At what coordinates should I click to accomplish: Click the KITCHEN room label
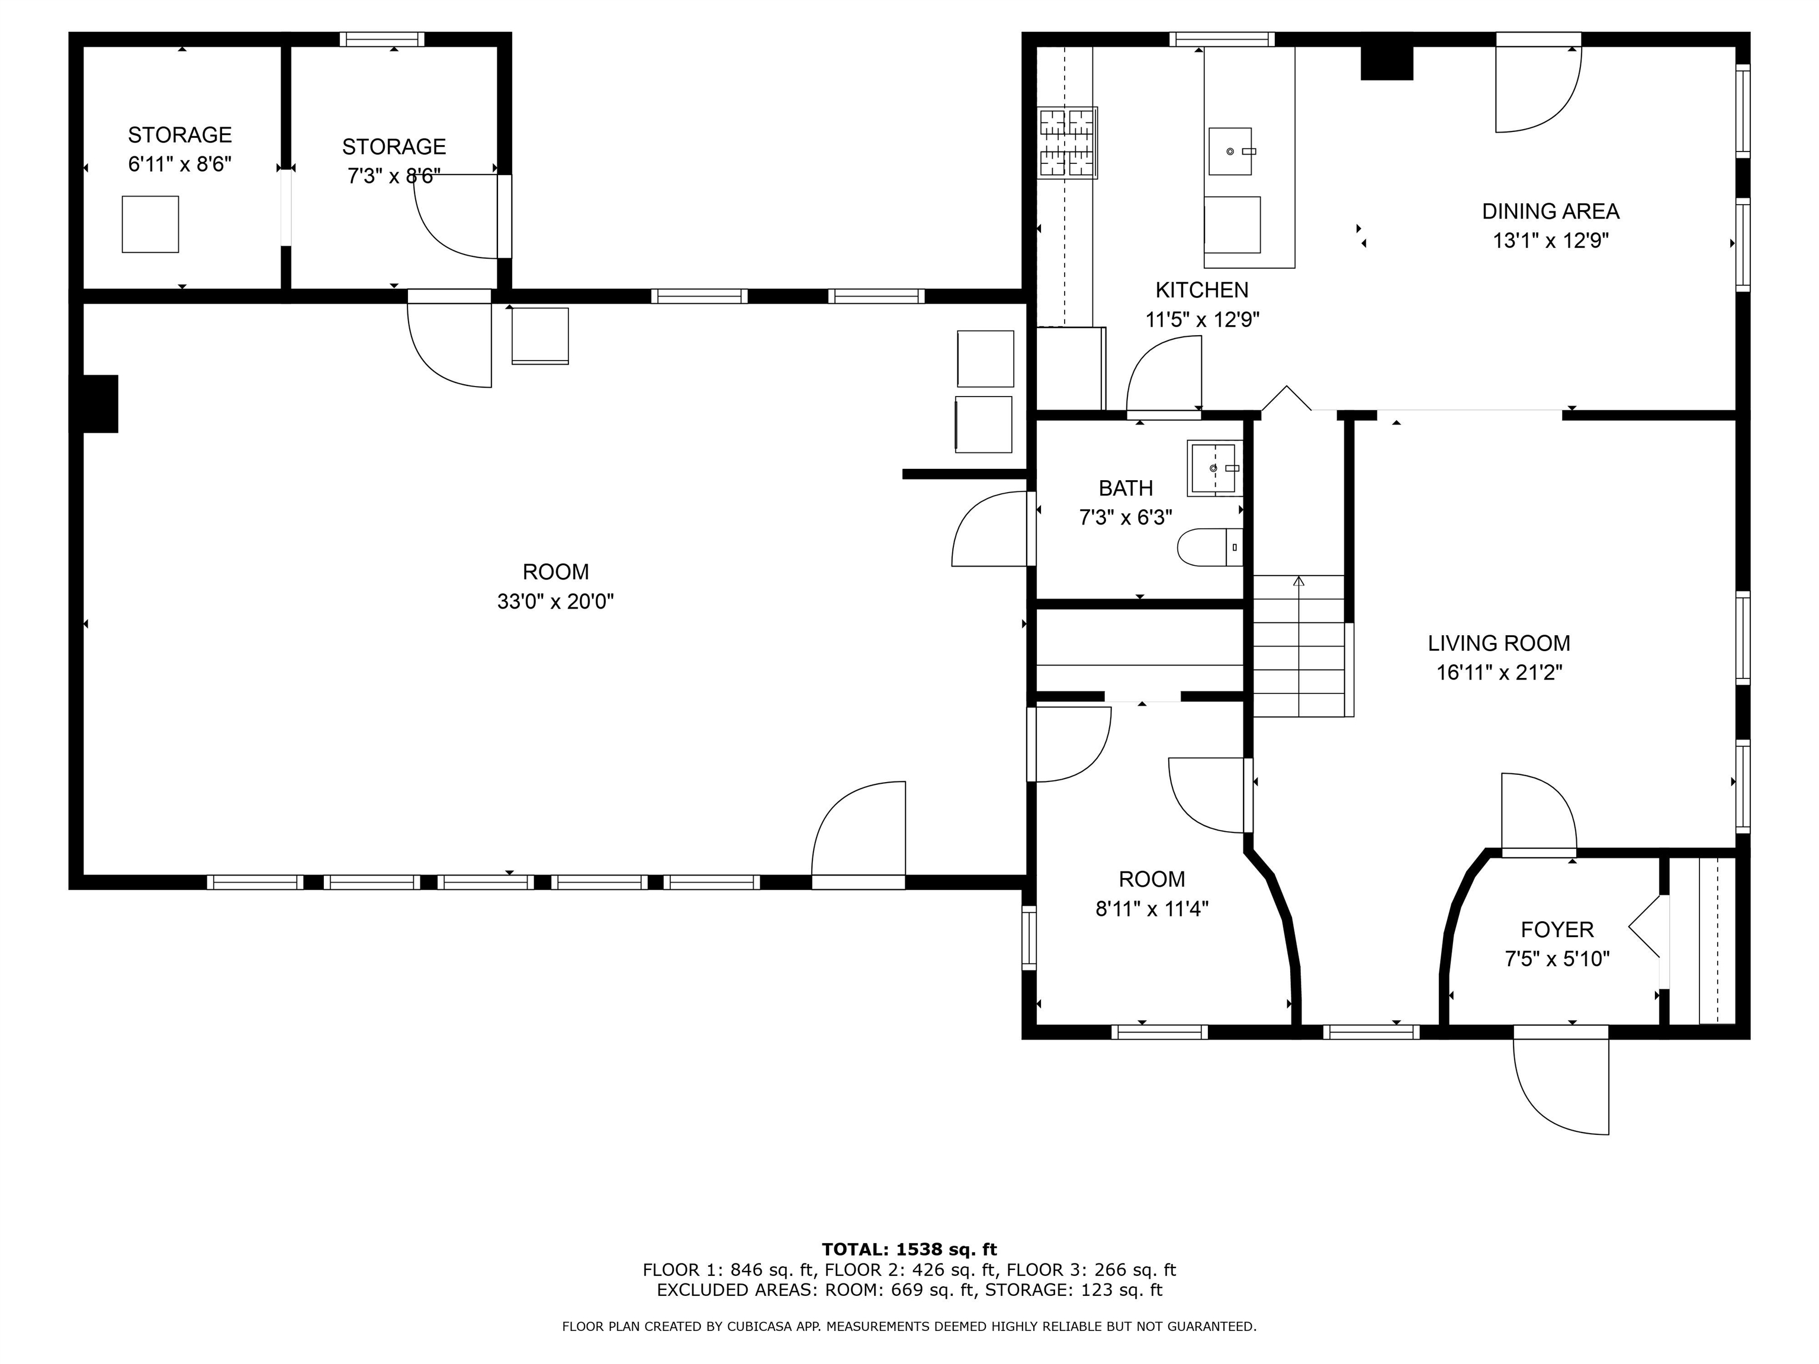click(1201, 290)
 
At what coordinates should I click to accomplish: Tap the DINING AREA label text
click(1550, 211)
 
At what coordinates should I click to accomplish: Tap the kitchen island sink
click(1230, 152)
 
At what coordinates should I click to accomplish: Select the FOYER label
click(1557, 930)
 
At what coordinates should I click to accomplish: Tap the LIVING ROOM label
click(1498, 643)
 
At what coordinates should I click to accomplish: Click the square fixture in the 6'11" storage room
click(150, 224)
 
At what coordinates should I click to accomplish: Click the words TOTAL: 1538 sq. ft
click(909, 1250)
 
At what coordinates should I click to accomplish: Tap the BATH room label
click(1126, 488)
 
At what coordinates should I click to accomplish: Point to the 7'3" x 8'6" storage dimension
click(394, 176)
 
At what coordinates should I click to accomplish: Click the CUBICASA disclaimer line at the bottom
click(909, 1326)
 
